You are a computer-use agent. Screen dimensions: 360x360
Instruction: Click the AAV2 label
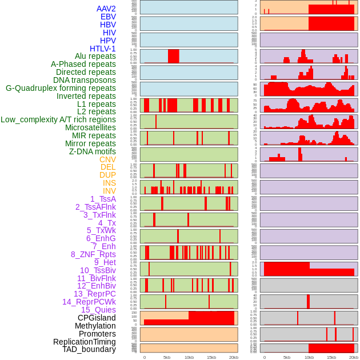coord(106,9)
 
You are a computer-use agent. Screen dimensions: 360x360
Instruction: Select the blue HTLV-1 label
coord(102,49)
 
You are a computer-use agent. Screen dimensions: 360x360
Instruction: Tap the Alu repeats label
coord(95,56)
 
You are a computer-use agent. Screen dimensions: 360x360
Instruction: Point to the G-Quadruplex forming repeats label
coord(61,88)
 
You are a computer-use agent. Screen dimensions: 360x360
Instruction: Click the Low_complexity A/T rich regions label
coord(58,119)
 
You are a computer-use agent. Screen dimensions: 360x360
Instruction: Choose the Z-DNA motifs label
coord(92,151)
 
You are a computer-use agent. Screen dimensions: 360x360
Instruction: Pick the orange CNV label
coord(107,159)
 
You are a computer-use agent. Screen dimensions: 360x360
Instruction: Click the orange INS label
coord(109,183)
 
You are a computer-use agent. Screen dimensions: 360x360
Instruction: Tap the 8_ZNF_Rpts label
coord(93,254)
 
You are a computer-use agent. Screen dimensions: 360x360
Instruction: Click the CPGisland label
coord(97,318)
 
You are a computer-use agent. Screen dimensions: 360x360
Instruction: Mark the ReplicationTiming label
coord(84,342)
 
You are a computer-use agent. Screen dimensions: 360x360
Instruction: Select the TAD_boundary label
coord(89,349)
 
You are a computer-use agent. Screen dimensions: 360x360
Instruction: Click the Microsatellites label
coord(90,127)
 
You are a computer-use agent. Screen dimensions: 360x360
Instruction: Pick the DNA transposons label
coord(85,80)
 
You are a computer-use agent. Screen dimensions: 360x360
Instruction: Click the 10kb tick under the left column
coord(189,357)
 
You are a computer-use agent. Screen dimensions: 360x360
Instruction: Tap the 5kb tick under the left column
coord(167,357)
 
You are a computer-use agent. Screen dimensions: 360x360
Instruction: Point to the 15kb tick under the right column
coord(331,357)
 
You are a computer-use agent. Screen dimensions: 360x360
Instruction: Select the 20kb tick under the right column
coord(354,357)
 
